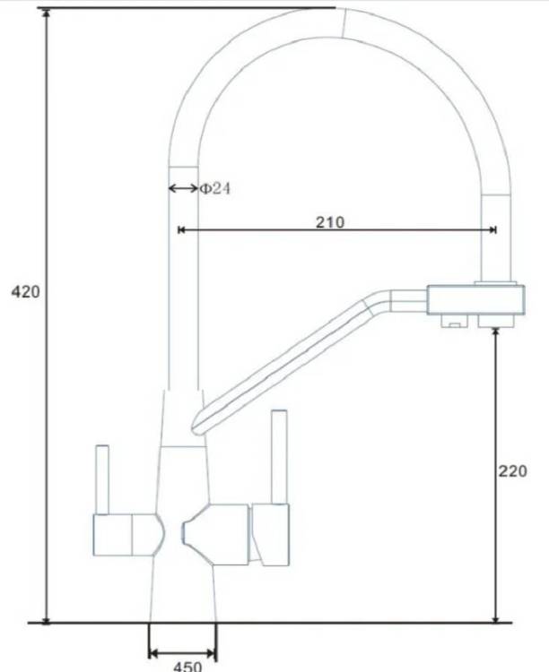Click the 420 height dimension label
point(25,292)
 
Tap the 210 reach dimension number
point(330,222)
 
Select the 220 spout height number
point(512,471)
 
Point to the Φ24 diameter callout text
point(215,188)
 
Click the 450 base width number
point(187,667)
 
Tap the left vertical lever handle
point(102,479)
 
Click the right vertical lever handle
point(279,457)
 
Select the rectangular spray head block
point(475,299)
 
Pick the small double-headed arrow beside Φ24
point(183,188)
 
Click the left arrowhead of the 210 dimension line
point(181,230)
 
